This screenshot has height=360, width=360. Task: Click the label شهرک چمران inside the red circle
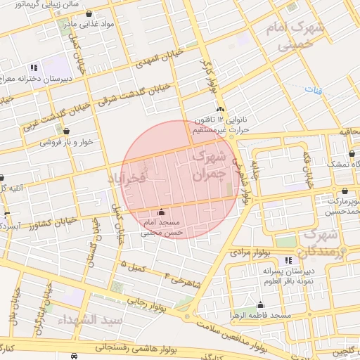210,161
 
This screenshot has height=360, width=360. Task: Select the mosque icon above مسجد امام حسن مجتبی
162,212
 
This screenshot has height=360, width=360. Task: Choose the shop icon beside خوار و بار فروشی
67,130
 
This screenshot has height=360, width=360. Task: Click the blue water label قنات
314,89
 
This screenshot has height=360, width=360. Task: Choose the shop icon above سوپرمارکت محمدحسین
345,191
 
